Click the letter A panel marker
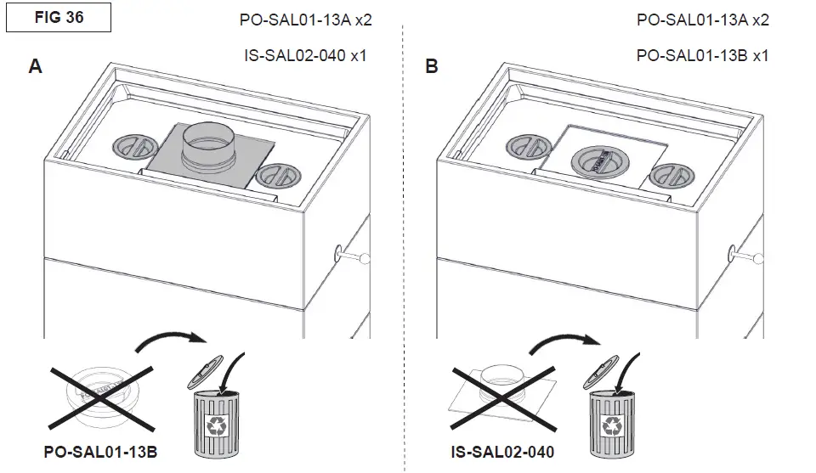coord(35,66)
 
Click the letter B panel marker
coord(432,66)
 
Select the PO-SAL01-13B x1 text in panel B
coord(702,55)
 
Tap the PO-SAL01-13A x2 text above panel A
coord(305,20)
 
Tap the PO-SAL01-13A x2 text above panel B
coord(702,20)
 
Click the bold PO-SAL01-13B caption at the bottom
coord(100,454)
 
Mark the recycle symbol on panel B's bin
coord(611,425)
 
